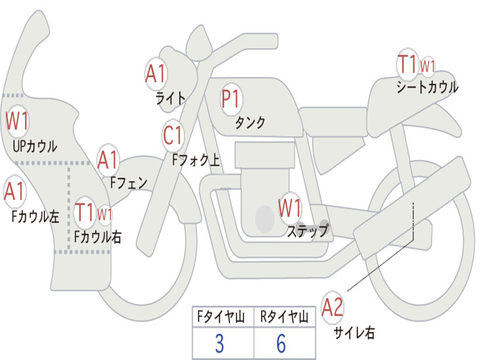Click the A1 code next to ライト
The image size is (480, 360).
[156, 74]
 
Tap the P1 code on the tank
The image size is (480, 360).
[231, 99]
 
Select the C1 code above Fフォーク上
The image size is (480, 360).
[173, 135]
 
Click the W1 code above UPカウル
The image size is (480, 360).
[17, 120]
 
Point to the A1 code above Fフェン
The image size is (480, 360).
[108, 160]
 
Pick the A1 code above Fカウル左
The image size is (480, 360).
[14, 191]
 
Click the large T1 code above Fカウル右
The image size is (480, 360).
[84, 212]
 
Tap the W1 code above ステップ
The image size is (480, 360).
[290, 208]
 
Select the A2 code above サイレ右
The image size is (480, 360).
[332, 307]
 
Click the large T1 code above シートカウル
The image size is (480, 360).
[407, 64]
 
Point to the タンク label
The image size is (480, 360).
[250, 122]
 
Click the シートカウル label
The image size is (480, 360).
[427, 87]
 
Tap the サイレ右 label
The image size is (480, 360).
[354, 332]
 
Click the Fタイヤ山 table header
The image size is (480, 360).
[221, 317]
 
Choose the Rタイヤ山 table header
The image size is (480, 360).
[284, 317]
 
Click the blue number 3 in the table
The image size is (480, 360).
[219, 344]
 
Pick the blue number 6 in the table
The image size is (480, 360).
[281, 344]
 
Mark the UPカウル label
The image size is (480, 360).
[35, 146]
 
